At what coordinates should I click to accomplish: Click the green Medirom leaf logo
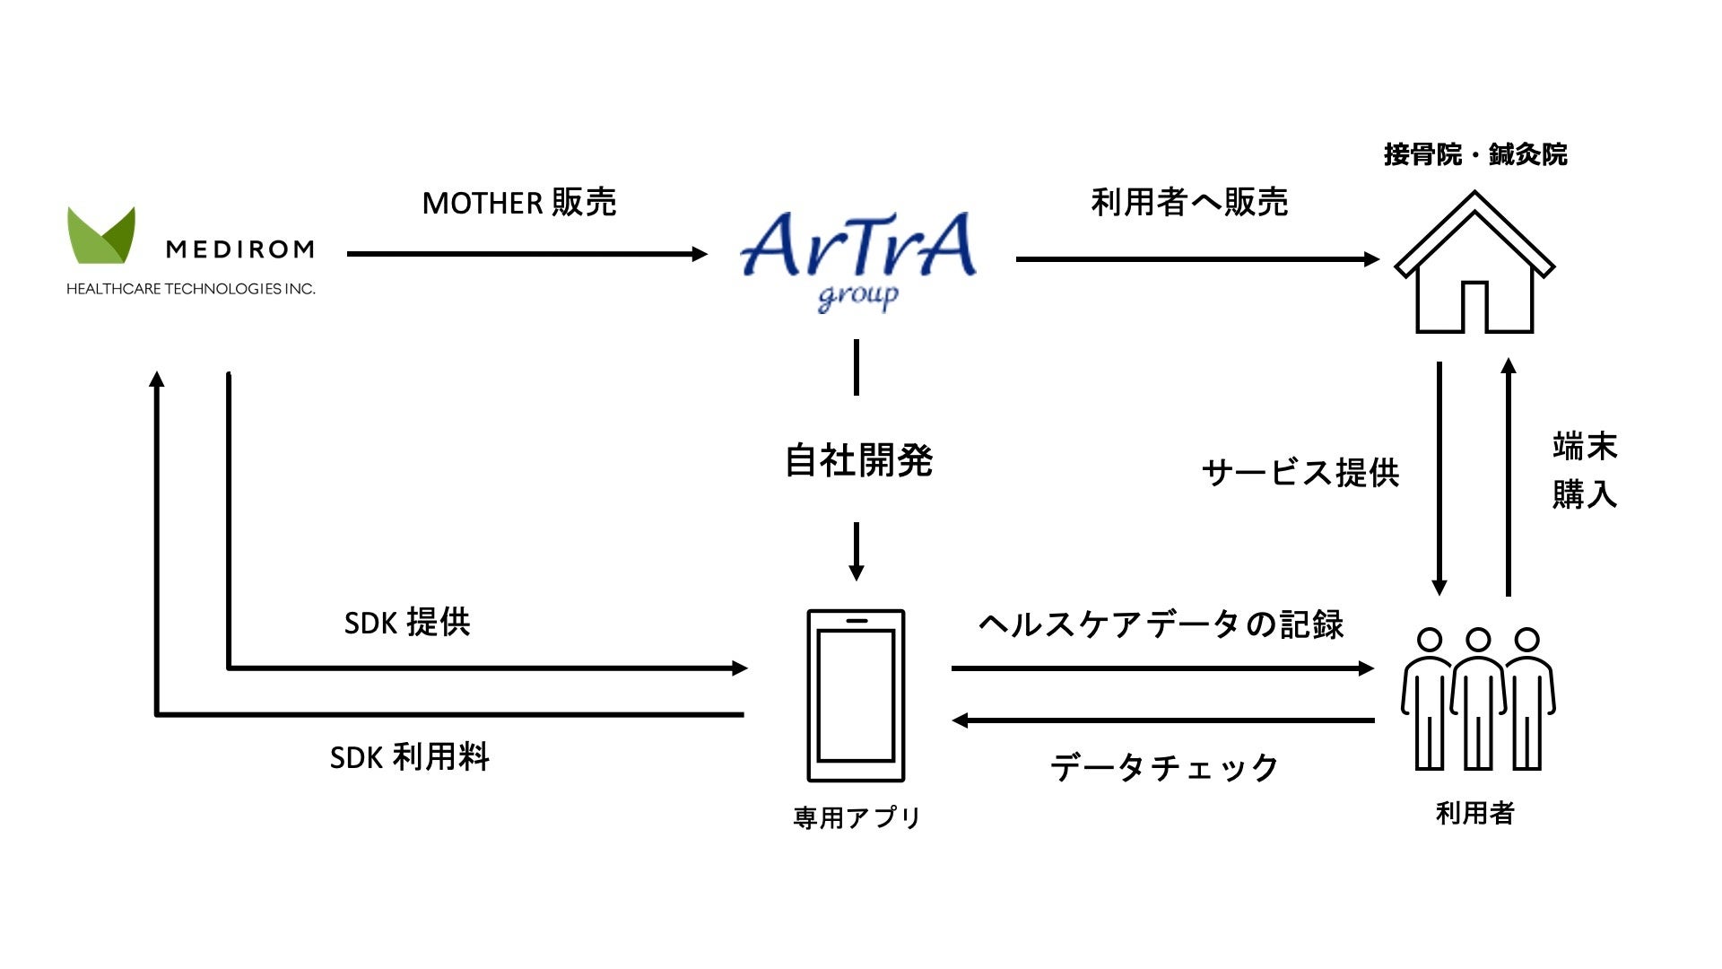coord(101,236)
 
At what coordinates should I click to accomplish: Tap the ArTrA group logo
coord(858,256)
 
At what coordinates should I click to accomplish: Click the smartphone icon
coord(856,695)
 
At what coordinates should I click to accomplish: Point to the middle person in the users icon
coord(1477,700)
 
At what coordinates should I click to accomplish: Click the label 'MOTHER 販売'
coord(518,203)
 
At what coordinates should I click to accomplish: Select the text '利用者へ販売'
coord(1189,202)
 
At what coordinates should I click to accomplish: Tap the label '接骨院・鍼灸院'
coord(1475,154)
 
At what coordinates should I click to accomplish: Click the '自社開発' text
coord(858,460)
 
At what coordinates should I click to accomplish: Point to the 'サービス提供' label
coord(1300,473)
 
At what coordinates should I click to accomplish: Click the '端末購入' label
coord(1584,470)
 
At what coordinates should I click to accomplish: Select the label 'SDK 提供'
coord(407,622)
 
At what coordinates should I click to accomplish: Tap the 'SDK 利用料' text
coord(409,757)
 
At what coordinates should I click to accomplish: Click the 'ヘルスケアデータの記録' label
coord(1161,624)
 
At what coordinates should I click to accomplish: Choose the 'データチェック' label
coord(1164,767)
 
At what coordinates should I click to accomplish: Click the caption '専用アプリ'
coord(857,817)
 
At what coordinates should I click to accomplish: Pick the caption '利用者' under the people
coord(1474,813)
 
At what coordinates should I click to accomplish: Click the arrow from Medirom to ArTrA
coord(526,254)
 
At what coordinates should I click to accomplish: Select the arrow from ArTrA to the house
coord(1196,259)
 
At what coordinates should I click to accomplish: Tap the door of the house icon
coord(1474,307)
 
